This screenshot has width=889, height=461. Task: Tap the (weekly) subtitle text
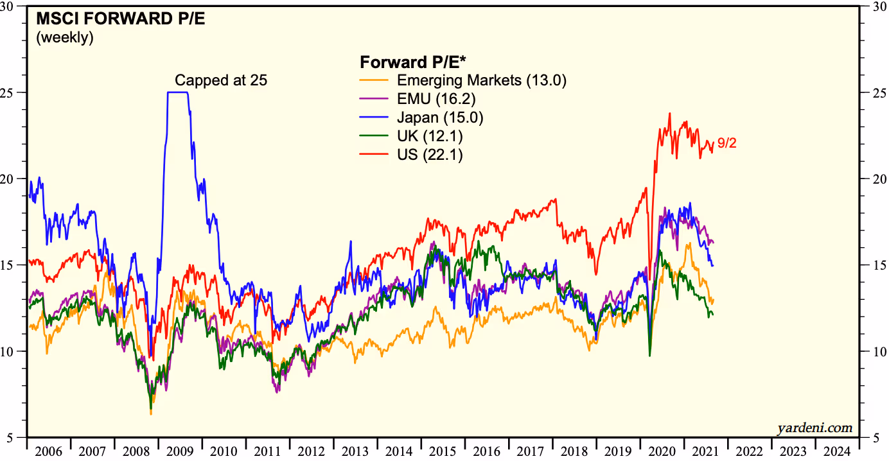coord(65,37)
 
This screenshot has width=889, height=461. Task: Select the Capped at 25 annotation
coord(221,80)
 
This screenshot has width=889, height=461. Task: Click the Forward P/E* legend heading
coord(413,62)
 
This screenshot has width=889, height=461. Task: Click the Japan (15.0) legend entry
coord(440,117)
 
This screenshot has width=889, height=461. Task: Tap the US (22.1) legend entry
coord(430,155)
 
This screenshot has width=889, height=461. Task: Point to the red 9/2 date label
coord(726,143)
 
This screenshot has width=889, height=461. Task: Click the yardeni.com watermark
coord(814,428)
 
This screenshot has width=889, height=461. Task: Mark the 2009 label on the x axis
coord(180,451)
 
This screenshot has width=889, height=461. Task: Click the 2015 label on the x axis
coord(443,451)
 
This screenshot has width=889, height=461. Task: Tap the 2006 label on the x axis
coord(49,451)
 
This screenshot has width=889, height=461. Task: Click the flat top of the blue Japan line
coord(178,92)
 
